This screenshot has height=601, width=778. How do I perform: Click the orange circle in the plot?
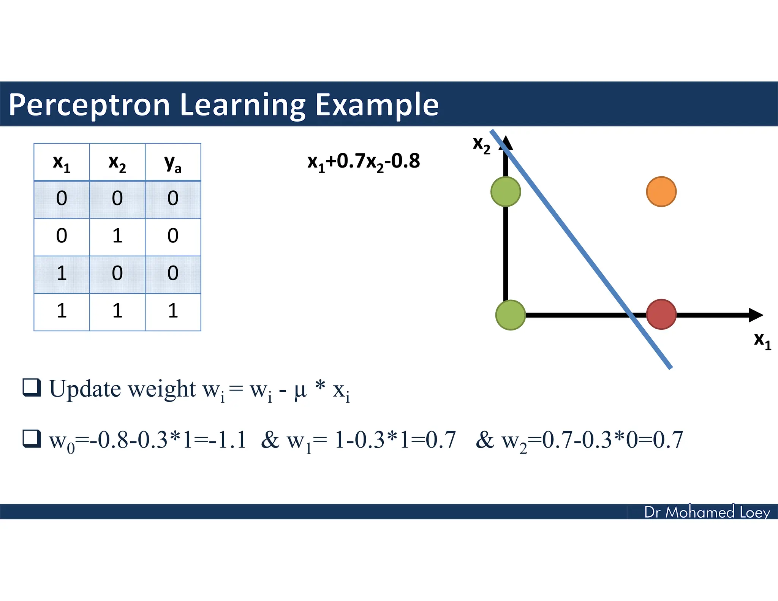[661, 191]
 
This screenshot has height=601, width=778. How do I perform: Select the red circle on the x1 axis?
[661, 314]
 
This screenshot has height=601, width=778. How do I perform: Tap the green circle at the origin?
[511, 315]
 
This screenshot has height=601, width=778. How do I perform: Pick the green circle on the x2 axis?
[506, 191]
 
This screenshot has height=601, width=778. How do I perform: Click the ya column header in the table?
[173, 163]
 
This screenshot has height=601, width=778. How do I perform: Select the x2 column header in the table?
[117, 163]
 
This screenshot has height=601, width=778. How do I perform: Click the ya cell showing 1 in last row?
[173, 311]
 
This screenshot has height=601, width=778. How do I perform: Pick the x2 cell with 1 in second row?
[117, 236]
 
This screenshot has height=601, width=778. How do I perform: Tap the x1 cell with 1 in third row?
[62, 274]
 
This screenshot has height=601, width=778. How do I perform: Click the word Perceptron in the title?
[89, 105]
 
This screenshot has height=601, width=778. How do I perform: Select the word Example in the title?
[377, 105]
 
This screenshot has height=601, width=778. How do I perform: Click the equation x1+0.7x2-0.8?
[364, 161]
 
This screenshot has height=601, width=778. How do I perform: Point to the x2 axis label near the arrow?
[481, 145]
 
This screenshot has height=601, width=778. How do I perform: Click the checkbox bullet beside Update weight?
[32, 387]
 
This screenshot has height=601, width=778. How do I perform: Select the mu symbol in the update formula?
[300, 390]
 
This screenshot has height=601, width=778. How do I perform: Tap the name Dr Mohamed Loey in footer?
[707, 512]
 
